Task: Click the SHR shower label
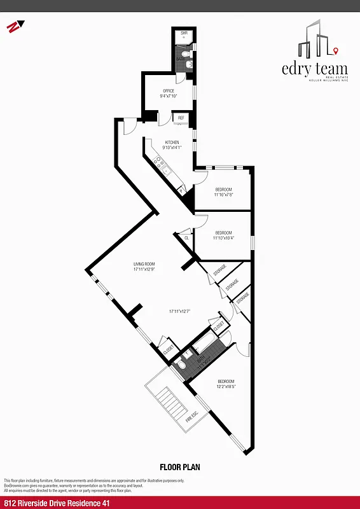coord(184,32)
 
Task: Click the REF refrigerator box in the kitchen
coord(181,118)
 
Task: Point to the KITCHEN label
coord(172,143)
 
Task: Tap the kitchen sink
coord(166,170)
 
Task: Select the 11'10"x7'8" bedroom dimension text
coord(224,195)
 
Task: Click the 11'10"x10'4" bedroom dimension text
coord(224,239)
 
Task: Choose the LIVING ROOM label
coord(144,264)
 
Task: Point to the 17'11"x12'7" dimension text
coord(180,311)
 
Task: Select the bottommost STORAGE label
coord(242,296)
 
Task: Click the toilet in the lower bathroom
coord(181,365)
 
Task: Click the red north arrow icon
coord(13,27)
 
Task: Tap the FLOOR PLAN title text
coord(180,467)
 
